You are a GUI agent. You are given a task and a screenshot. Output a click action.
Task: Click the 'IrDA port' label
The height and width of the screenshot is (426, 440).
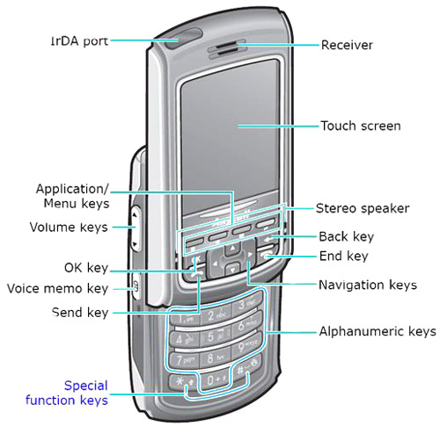79,41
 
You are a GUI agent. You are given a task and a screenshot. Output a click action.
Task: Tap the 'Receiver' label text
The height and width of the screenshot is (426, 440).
347,45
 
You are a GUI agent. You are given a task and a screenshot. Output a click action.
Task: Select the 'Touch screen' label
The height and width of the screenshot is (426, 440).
361,126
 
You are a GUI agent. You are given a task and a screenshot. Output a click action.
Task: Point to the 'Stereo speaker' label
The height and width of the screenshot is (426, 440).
363,208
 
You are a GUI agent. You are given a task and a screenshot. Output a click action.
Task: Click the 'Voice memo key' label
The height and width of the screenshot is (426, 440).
57,288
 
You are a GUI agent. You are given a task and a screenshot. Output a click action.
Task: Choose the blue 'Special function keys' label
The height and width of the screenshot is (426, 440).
67,393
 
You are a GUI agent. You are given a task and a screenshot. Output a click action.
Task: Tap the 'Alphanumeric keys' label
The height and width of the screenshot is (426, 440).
378,331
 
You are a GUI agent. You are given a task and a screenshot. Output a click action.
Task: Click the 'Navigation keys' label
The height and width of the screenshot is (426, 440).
368,285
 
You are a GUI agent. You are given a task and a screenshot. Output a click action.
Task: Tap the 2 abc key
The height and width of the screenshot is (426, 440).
216,315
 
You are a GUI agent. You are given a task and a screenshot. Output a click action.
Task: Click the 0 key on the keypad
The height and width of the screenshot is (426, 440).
214,379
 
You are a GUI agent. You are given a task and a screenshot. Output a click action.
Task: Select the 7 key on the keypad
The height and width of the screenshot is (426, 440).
184,360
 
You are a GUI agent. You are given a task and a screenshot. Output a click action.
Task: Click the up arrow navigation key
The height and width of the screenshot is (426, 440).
232,249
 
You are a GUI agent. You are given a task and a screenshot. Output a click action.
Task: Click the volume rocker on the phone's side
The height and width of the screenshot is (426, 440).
136,228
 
